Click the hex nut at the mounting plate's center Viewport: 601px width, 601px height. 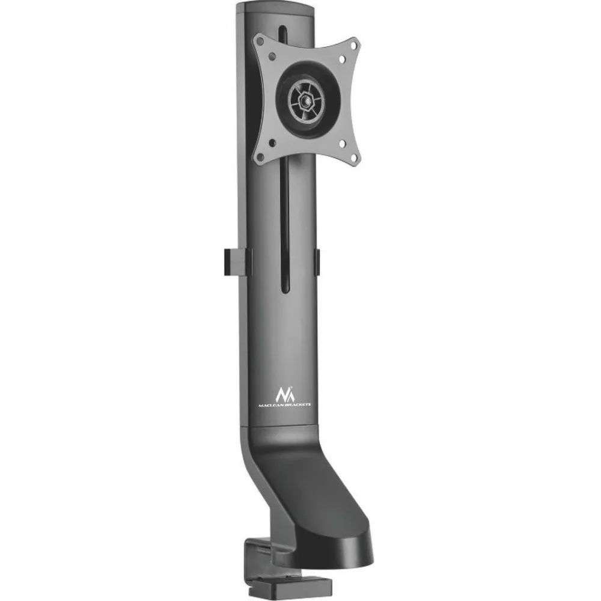307,101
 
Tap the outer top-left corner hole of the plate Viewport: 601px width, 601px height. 260,40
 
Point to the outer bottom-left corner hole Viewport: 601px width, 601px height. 260,156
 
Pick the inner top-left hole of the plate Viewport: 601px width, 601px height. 272,56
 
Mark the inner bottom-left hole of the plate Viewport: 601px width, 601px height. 272,143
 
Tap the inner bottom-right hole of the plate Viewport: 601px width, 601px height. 343,144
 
